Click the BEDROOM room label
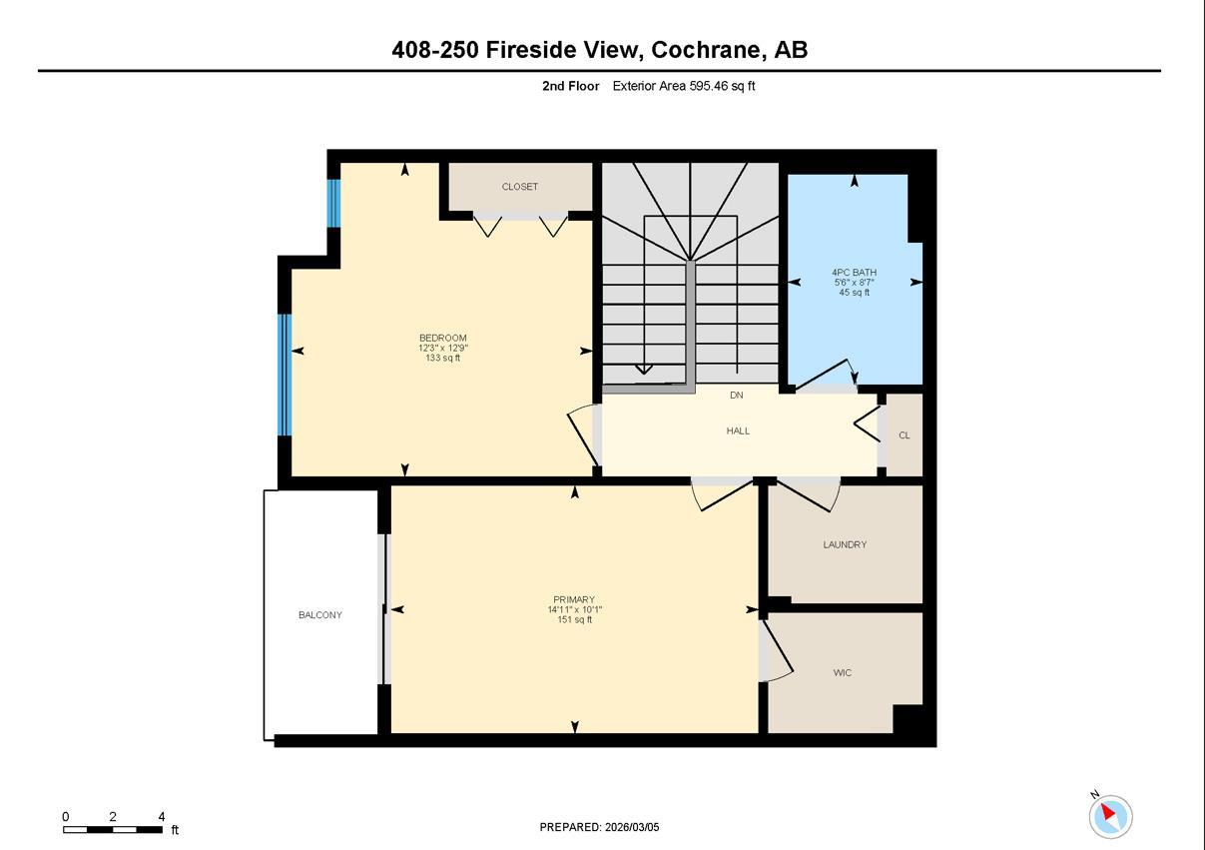(x=442, y=338)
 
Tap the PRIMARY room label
(x=574, y=599)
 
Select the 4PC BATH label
(x=854, y=272)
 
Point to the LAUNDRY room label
(x=845, y=544)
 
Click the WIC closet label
(x=843, y=672)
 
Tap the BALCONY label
(x=319, y=615)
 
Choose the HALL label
(x=738, y=430)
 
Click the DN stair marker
(x=736, y=396)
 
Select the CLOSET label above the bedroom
(x=519, y=187)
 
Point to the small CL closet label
(x=904, y=435)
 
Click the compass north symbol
(x=1109, y=816)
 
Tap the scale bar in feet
(x=113, y=829)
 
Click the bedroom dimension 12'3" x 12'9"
(x=442, y=348)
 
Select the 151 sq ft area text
(x=574, y=620)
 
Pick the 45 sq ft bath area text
(x=854, y=293)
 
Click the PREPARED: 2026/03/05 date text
(x=599, y=827)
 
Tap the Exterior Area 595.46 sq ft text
(x=683, y=86)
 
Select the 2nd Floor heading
(x=570, y=86)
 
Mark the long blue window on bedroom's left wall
(x=284, y=375)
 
